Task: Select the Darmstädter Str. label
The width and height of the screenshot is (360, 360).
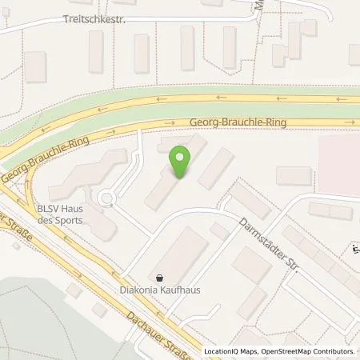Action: (270, 245)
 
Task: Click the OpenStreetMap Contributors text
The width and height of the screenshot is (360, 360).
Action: (306, 351)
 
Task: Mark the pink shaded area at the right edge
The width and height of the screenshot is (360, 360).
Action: (339, 152)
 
